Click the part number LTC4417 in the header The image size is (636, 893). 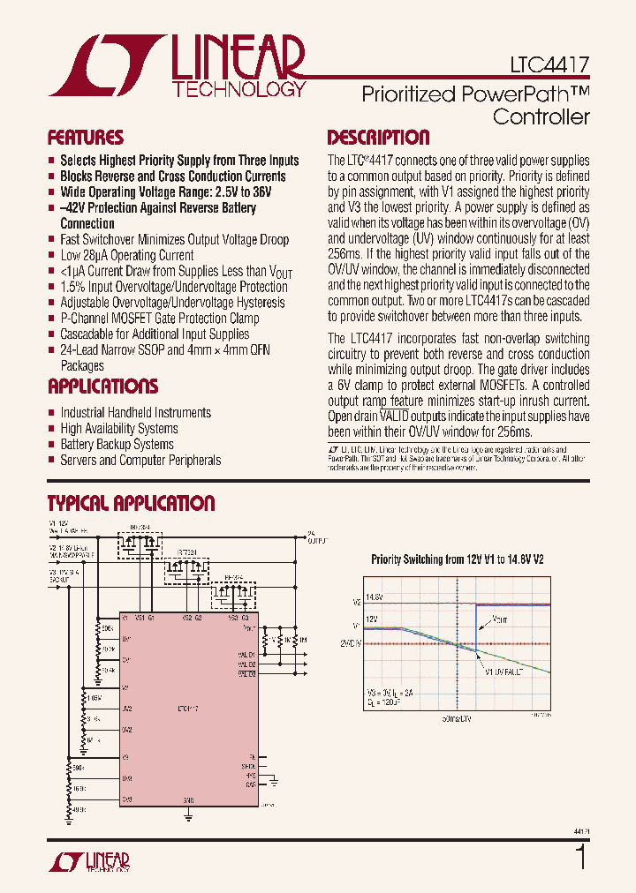(x=549, y=65)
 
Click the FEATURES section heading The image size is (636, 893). (x=85, y=138)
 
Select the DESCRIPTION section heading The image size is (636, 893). (x=378, y=138)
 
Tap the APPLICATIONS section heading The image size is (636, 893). (x=102, y=386)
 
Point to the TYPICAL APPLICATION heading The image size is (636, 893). (x=131, y=504)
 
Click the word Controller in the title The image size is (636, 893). (x=541, y=116)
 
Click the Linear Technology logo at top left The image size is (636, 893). (x=177, y=65)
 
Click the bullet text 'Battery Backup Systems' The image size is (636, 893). (x=117, y=445)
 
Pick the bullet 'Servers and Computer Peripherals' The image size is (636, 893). (x=140, y=461)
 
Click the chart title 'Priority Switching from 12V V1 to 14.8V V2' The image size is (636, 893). (x=457, y=559)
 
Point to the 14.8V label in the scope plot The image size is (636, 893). (x=374, y=597)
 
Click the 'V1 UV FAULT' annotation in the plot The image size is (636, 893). (x=503, y=672)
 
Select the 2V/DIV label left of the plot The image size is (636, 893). (x=350, y=643)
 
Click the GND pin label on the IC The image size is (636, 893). (x=188, y=799)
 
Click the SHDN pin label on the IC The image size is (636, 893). (x=248, y=767)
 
